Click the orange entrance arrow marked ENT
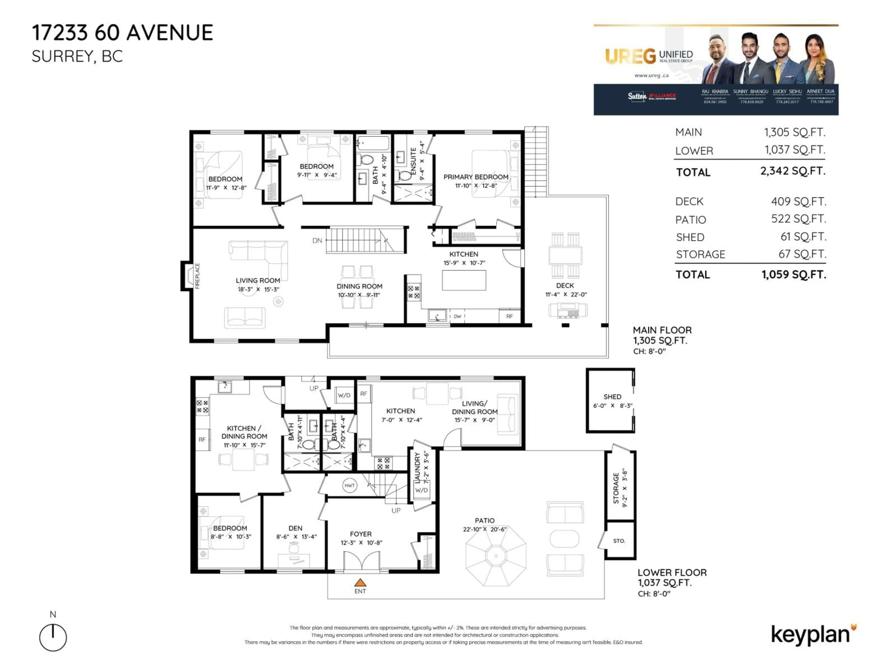[360, 582]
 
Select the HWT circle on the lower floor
[349, 485]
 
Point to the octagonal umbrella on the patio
[496, 556]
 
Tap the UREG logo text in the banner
[630, 57]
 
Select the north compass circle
[53, 637]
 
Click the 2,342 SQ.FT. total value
[792, 171]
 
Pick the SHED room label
[612, 397]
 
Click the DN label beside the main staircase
[317, 241]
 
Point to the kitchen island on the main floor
[464, 280]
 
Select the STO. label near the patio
[619, 541]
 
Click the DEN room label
[295, 528]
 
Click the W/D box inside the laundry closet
[421, 490]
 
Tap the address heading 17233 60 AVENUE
[122, 33]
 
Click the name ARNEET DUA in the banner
[820, 91]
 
